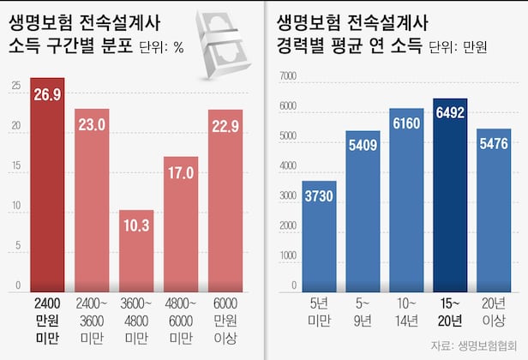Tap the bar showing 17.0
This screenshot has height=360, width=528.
click(x=181, y=223)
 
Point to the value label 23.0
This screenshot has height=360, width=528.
click(x=92, y=125)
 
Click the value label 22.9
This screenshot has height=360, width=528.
click(x=225, y=125)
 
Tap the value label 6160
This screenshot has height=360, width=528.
click(x=406, y=123)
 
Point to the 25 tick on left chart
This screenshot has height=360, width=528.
click(x=16, y=86)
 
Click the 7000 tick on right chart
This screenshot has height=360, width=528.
click(x=287, y=77)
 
